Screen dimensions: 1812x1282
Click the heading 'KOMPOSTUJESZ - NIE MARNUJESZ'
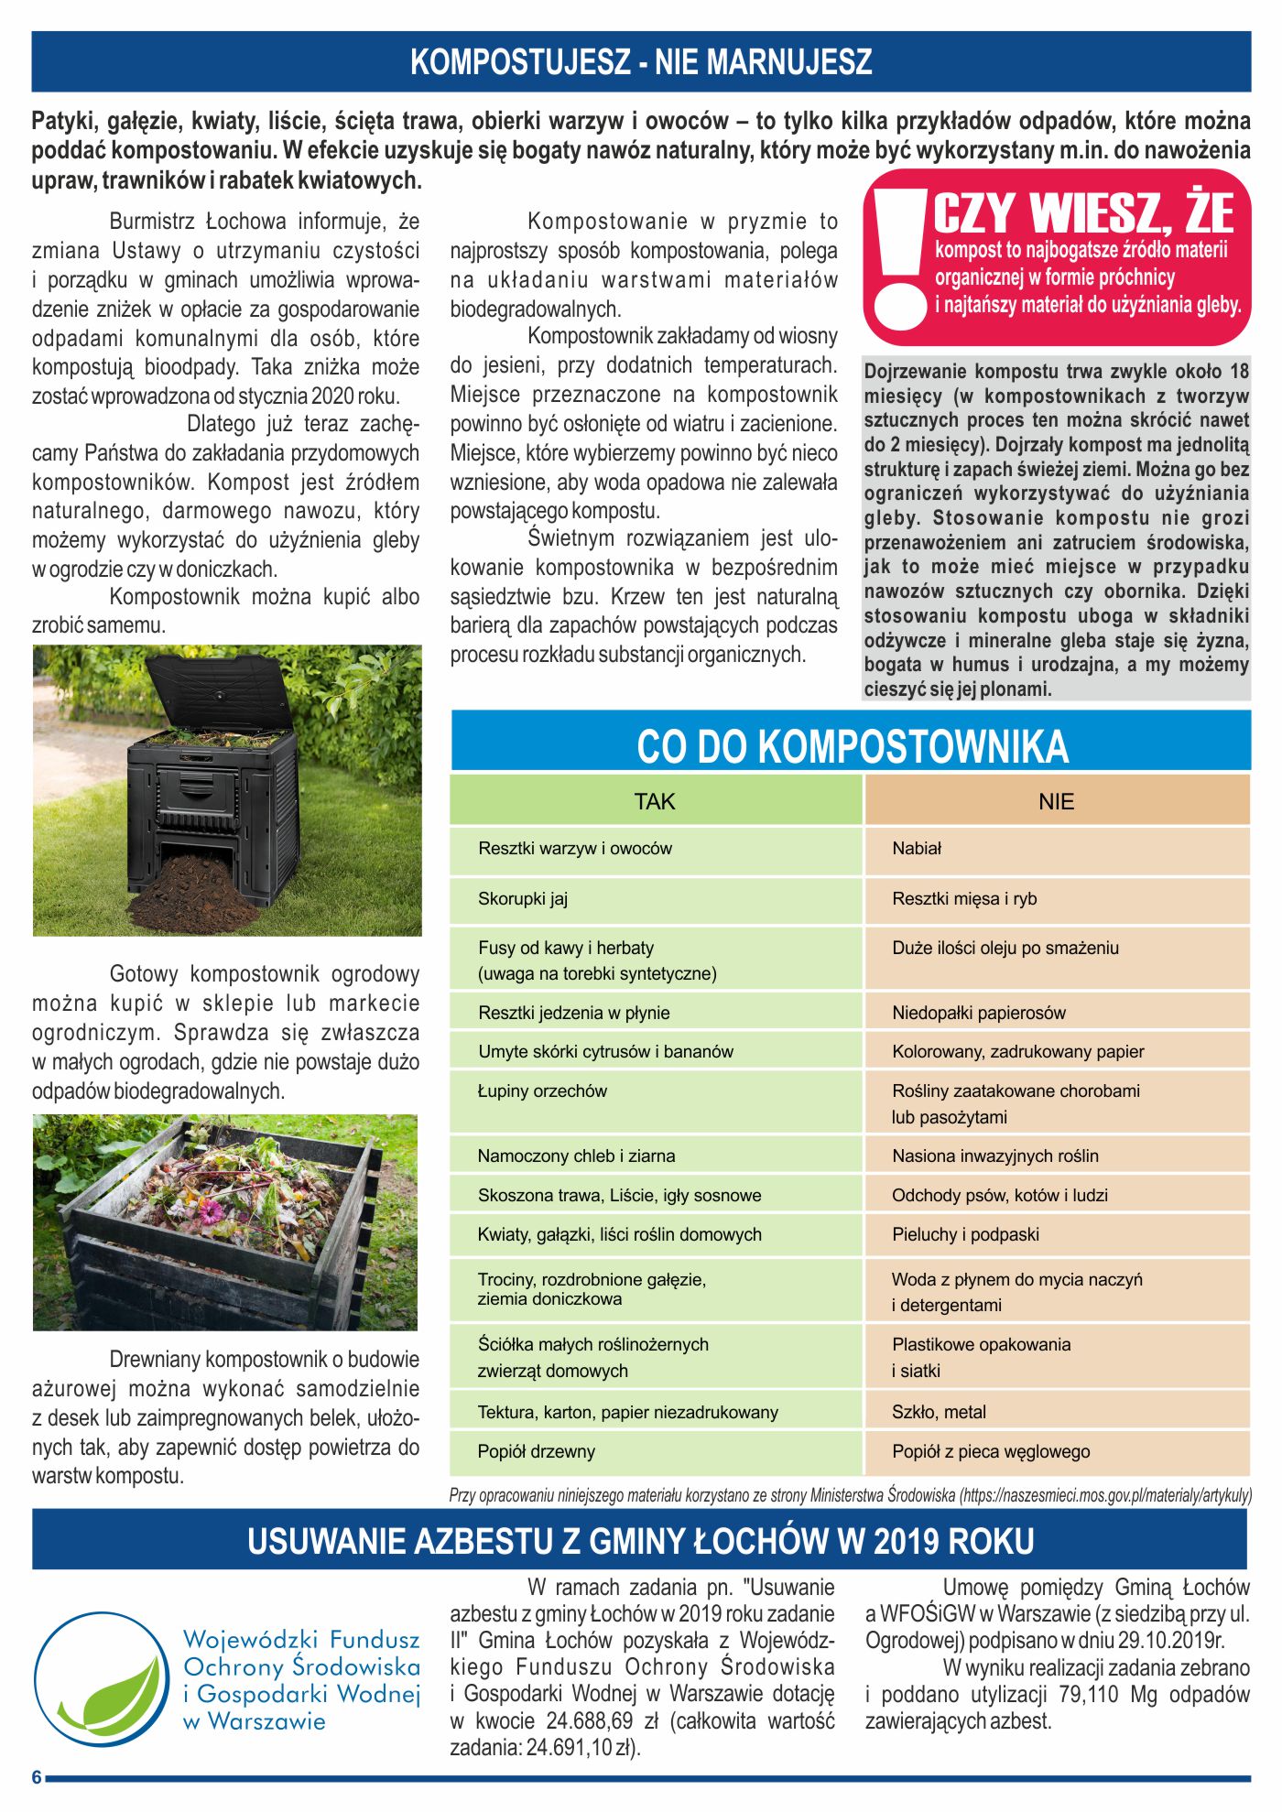641,61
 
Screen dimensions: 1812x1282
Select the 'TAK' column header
654,801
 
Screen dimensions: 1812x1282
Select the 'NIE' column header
1056,801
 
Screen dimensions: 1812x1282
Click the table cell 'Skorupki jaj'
523,898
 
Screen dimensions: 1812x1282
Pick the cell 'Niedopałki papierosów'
979,1013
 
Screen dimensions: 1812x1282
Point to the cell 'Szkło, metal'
939,1412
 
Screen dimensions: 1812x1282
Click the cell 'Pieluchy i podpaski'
965,1234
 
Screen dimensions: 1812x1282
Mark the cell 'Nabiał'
917,848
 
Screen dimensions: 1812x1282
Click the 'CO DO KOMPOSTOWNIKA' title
852,746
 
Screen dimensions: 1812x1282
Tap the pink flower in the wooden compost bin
212,1213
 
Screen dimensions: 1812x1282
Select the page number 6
37,1777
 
